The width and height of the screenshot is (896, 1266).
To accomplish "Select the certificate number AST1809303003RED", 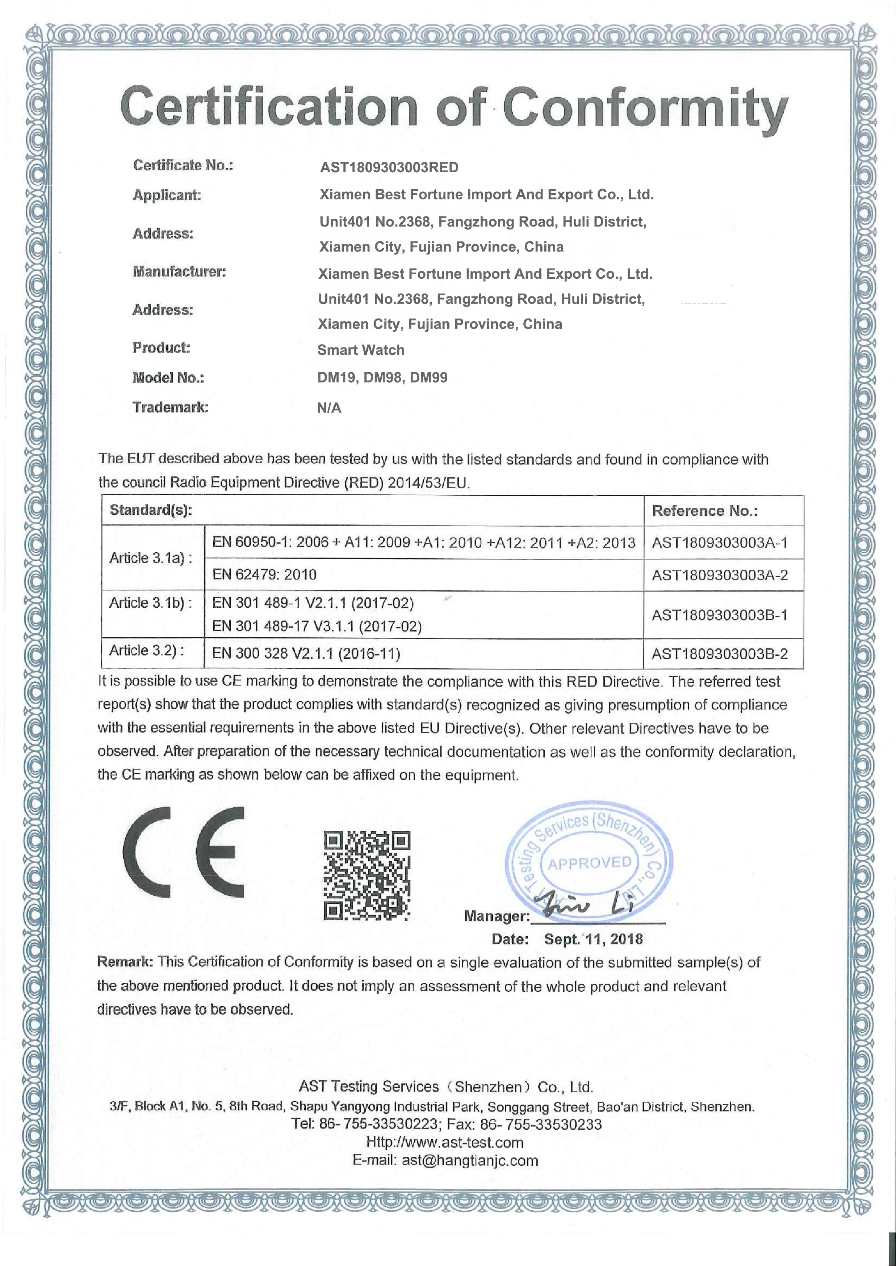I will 389,168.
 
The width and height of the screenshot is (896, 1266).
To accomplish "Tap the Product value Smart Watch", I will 361,350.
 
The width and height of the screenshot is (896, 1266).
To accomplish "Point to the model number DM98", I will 382,378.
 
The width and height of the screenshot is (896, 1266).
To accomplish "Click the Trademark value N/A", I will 329,408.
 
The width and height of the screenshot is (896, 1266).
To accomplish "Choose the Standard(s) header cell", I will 151,510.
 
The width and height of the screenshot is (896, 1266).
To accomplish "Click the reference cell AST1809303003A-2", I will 720,575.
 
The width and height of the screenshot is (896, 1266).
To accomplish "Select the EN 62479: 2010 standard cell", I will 264,575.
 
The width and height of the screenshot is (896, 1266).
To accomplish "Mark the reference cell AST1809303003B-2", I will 720,654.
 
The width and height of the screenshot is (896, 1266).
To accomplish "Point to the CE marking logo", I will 183,852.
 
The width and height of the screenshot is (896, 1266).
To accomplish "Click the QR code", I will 367,875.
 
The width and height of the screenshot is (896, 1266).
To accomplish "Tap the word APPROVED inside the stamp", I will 589,863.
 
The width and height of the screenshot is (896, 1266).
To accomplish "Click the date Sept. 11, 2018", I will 593,939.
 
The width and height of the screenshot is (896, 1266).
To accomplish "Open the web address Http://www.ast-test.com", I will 445,1143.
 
